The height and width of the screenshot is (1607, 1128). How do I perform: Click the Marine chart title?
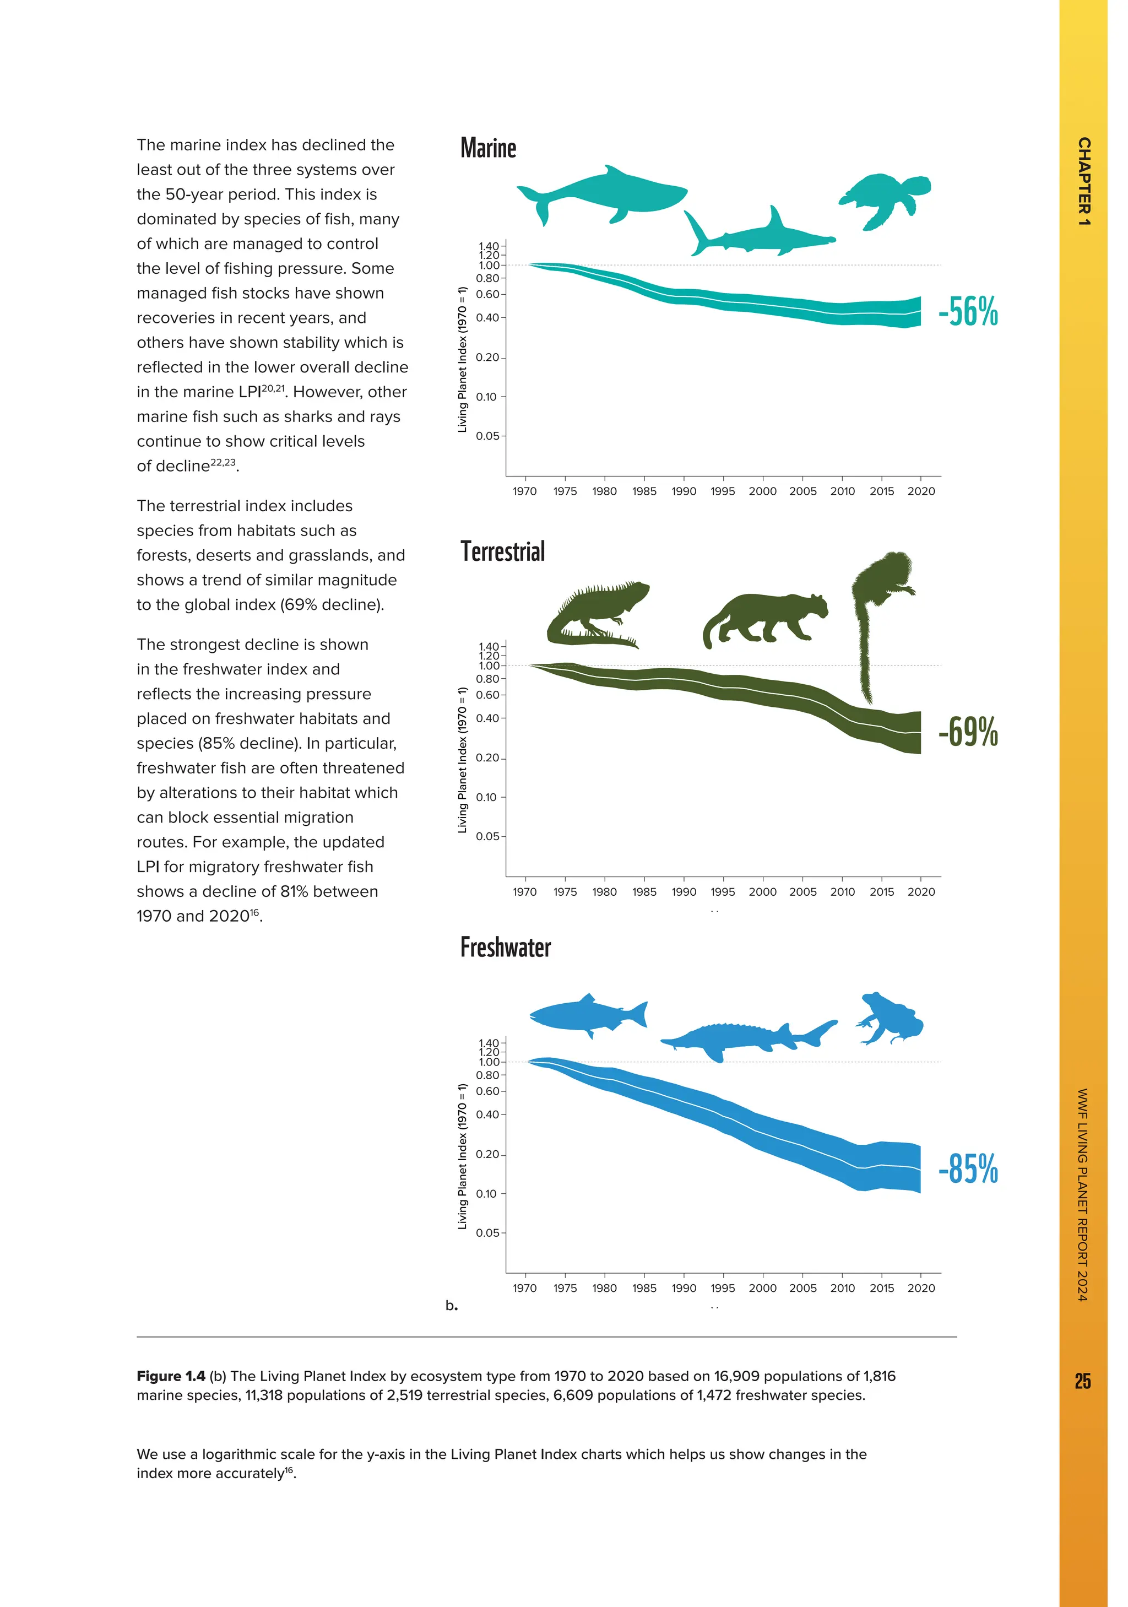[488, 148]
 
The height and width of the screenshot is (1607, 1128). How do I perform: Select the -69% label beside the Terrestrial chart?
[968, 732]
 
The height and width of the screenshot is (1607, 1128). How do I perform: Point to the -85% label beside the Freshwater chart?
[968, 1169]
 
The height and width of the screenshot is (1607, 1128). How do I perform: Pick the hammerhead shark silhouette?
[759, 236]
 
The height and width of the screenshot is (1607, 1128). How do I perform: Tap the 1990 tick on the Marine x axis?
[684, 491]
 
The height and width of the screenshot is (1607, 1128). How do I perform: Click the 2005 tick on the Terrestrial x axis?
[802, 892]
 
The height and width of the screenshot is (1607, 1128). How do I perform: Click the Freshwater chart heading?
[505, 947]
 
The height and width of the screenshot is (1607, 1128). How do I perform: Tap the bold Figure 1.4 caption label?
[171, 1376]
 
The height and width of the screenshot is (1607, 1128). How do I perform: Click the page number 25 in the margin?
[1082, 1381]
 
